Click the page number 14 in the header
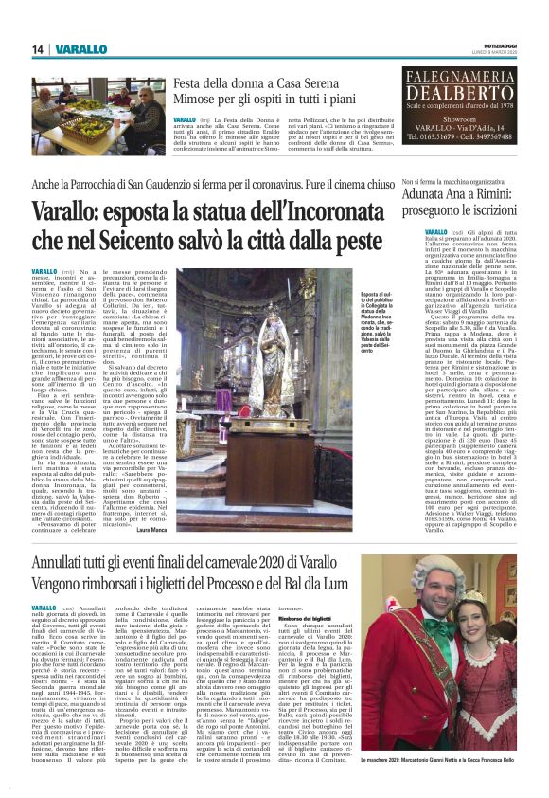pyautogui.click(x=14, y=49)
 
